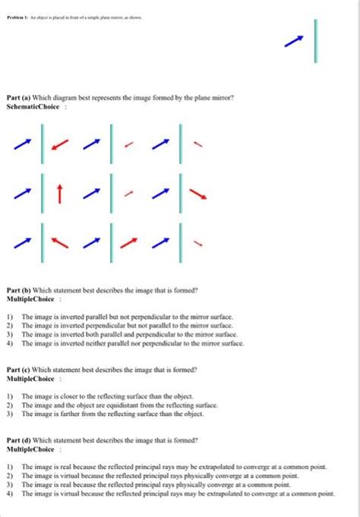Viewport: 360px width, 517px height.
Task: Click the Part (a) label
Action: coord(19,98)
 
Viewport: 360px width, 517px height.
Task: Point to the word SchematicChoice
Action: coord(30,107)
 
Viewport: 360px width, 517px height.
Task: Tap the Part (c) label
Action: coord(19,368)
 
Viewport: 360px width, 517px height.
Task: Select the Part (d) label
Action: coord(19,440)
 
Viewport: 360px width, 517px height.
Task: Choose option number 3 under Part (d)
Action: coord(9,484)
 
